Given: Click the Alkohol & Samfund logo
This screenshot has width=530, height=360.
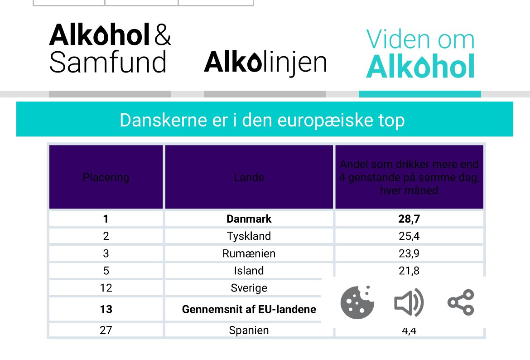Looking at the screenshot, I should (110, 49).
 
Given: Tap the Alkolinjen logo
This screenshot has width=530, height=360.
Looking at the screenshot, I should (265, 63).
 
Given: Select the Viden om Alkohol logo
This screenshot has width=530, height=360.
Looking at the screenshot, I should (420, 53).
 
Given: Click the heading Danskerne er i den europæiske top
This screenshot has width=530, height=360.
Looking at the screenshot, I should (262, 120).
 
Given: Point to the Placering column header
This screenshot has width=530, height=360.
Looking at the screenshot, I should (106, 177).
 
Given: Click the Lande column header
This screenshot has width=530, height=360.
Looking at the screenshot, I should (249, 177).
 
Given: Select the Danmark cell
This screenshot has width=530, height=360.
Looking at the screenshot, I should (249, 219).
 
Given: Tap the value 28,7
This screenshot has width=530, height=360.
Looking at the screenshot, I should (409, 219).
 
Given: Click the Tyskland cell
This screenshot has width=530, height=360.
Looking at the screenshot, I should (249, 236).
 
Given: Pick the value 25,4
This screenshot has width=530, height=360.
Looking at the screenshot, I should (409, 236).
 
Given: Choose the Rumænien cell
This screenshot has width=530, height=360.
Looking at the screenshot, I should (249, 253).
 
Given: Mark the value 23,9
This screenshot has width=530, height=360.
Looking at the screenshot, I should (409, 253).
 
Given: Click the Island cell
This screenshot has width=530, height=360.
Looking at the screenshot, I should (249, 271).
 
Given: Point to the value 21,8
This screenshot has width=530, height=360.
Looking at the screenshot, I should (409, 271).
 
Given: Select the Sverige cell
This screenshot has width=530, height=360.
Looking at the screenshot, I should (249, 288).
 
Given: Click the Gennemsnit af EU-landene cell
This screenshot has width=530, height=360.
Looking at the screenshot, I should (249, 310).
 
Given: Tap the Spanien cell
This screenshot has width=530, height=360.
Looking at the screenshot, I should (249, 330).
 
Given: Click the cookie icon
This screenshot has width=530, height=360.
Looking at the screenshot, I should (357, 302).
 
